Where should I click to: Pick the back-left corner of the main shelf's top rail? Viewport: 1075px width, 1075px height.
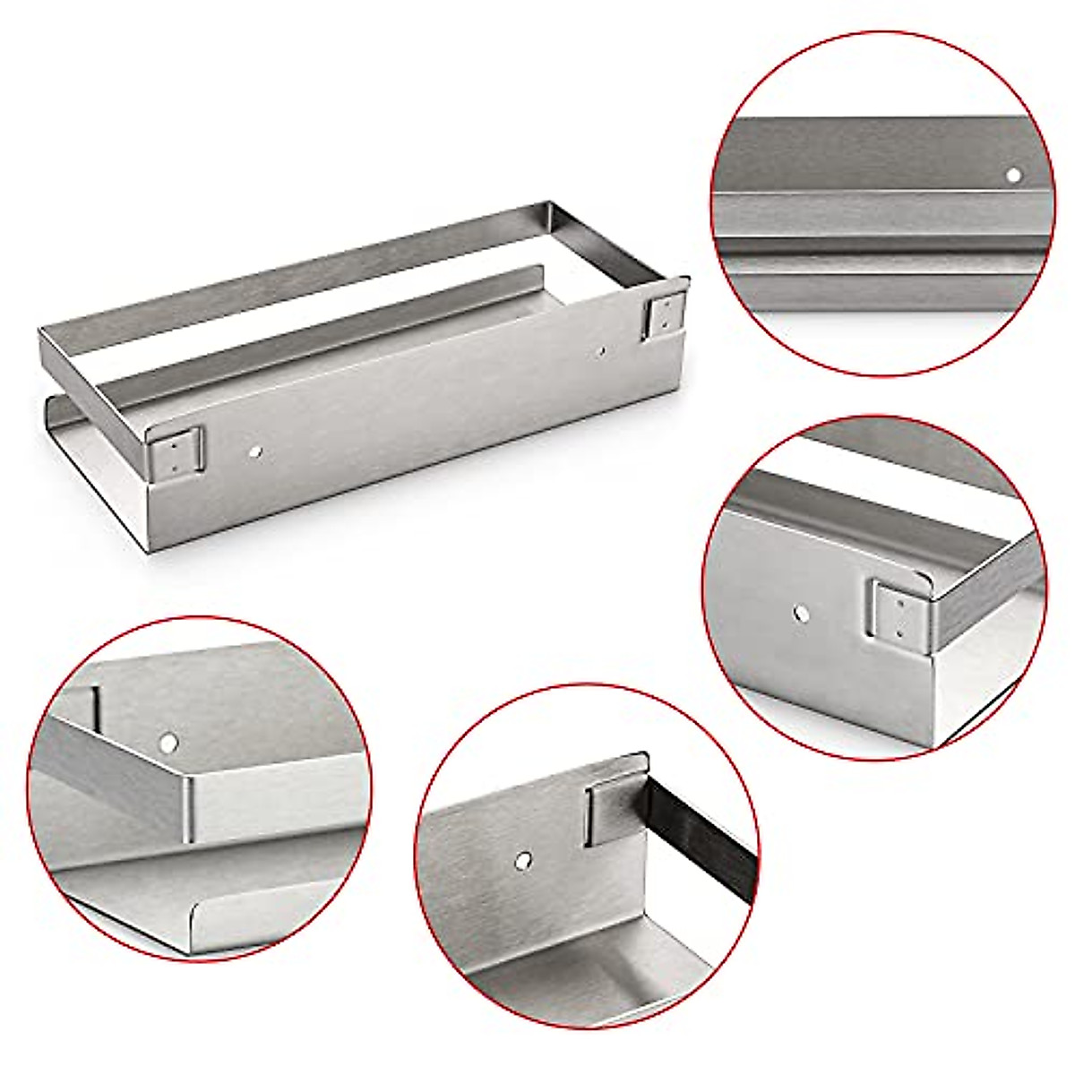click(41, 331)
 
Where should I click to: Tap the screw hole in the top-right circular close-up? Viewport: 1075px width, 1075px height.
click(1013, 176)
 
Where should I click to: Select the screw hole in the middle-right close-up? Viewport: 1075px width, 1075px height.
click(801, 615)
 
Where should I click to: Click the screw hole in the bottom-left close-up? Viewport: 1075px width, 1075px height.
click(168, 742)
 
